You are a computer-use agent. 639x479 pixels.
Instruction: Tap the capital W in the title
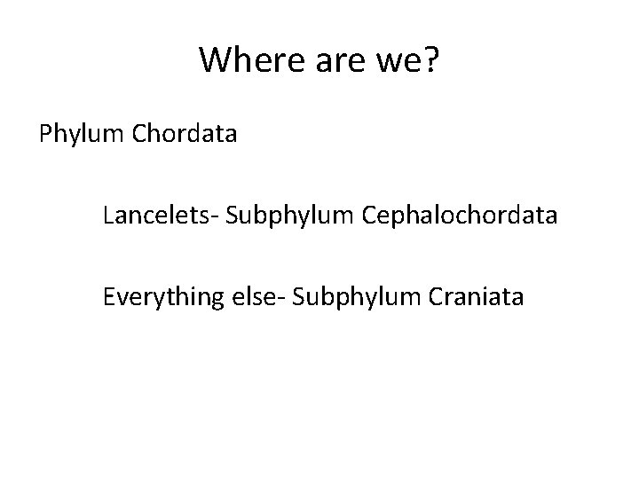coord(214,59)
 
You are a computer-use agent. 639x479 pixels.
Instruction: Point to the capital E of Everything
coord(109,296)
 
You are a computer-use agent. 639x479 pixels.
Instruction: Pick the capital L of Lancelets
coord(108,216)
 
